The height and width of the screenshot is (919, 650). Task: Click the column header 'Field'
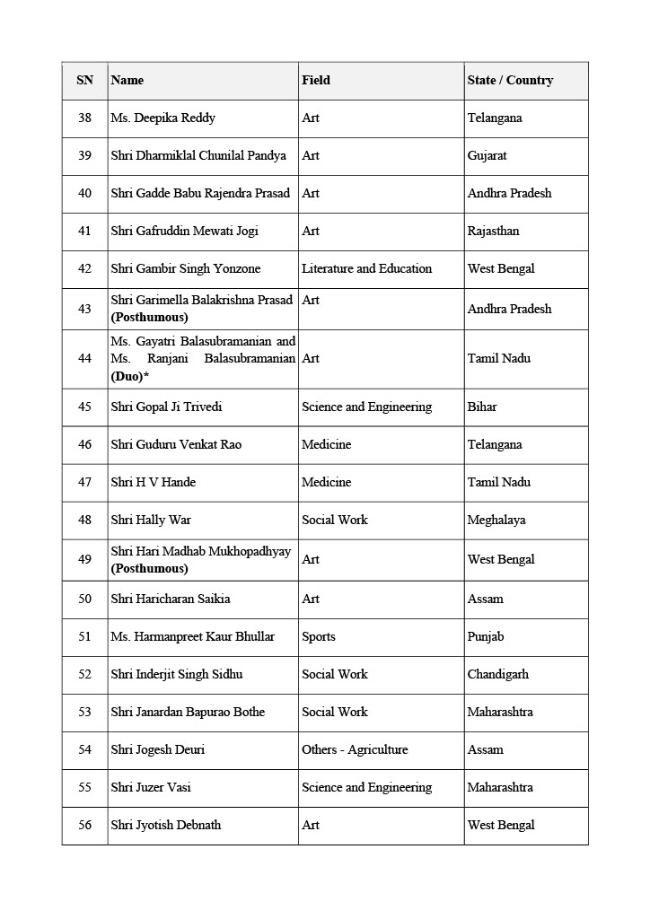[316, 81]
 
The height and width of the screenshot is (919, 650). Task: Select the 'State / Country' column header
[510, 81]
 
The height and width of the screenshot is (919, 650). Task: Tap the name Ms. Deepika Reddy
[162, 118]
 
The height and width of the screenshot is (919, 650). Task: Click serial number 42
[84, 269]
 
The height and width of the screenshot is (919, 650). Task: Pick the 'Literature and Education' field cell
[366, 269]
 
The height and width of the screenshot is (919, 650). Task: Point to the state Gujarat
[487, 156]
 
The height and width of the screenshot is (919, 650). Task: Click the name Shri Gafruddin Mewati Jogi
[184, 232]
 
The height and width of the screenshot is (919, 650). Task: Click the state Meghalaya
[496, 521]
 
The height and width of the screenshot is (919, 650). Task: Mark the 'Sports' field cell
[319, 637]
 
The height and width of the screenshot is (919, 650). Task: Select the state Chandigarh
[497, 675]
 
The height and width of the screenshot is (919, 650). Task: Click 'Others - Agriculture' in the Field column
[355, 750]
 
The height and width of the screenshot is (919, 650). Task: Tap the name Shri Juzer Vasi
[151, 788]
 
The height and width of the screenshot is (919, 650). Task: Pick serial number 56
[84, 826]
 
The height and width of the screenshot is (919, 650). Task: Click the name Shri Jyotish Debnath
[166, 826]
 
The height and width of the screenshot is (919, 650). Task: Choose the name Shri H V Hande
[153, 483]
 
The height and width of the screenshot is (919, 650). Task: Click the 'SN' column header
[84, 81]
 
